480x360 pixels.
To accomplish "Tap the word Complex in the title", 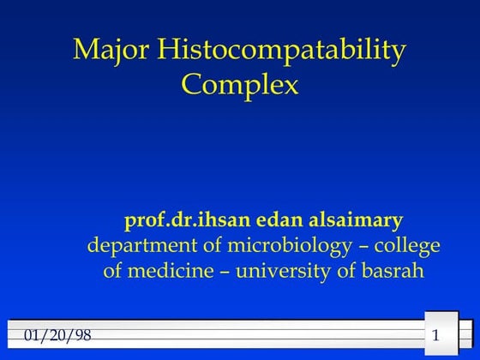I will [240, 85].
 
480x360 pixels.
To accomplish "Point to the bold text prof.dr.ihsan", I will [180, 220].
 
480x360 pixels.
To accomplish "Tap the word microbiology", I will [290, 247].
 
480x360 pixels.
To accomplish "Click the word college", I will [409, 247].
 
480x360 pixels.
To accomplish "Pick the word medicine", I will [171, 272].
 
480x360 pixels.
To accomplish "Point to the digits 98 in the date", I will [78, 333].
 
